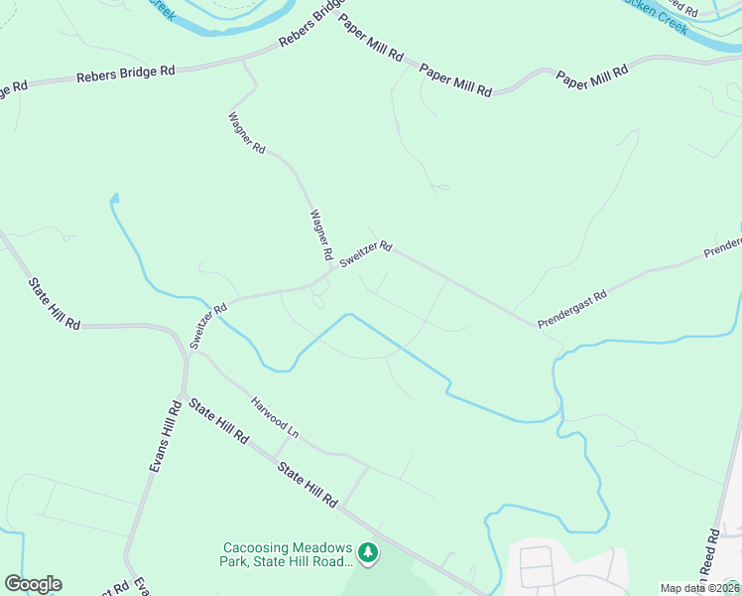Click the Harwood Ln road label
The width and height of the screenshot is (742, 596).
point(275,418)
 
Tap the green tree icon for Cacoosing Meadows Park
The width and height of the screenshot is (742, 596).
point(368,551)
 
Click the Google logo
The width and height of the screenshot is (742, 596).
point(33,584)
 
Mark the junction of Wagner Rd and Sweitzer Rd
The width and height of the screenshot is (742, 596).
point(331,269)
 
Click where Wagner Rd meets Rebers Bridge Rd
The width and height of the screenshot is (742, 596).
point(245,62)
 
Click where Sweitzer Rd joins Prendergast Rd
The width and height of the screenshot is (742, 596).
point(537,325)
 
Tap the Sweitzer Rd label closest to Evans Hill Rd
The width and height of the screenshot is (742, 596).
point(209,326)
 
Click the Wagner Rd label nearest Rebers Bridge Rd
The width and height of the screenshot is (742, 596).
point(247,133)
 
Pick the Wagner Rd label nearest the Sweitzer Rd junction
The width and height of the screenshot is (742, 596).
point(319,234)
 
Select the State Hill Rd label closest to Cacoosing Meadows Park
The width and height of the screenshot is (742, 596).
point(308,485)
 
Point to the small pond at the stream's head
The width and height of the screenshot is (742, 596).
point(114,199)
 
